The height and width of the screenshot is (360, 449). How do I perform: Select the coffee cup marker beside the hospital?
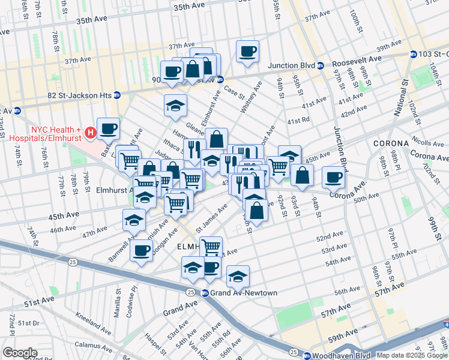coord(108,128)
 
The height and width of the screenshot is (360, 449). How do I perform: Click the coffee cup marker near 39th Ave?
coord(247,52)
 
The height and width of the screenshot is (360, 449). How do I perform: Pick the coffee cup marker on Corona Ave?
coord(333,177)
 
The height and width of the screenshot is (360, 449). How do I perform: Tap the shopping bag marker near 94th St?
coord(302,175)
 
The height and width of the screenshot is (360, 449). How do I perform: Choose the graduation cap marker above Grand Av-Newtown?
coord(238,276)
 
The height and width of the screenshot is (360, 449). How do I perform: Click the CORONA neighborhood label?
coord(391,144)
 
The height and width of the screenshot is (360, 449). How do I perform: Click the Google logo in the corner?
coord(20,353)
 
